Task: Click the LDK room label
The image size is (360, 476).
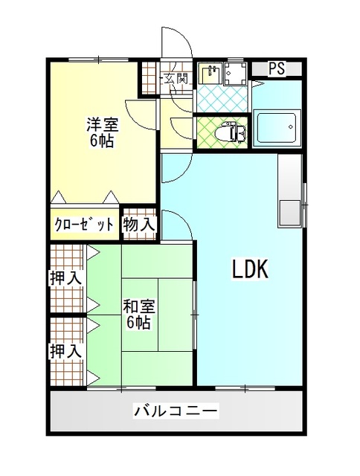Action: click(x=250, y=268)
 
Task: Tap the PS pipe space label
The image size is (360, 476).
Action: click(x=277, y=68)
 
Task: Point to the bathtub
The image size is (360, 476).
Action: click(x=277, y=128)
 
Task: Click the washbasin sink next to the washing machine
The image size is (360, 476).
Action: click(x=211, y=73)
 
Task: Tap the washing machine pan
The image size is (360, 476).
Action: click(x=236, y=74)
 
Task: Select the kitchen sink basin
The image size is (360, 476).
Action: click(x=291, y=213)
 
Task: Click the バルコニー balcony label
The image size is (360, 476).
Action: click(x=176, y=411)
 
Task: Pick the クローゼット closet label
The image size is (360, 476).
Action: click(x=84, y=225)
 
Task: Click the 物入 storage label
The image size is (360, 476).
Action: click(x=139, y=225)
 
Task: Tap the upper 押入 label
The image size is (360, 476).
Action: click(x=66, y=277)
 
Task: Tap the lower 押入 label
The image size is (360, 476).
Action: click(x=66, y=350)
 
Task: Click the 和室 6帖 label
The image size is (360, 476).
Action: click(x=138, y=315)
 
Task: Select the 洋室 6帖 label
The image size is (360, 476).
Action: click(x=102, y=132)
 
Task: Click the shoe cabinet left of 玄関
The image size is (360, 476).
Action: click(x=149, y=78)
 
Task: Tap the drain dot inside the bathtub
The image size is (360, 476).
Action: click(x=290, y=126)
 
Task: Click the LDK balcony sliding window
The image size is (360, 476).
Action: click(x=245, y=387)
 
